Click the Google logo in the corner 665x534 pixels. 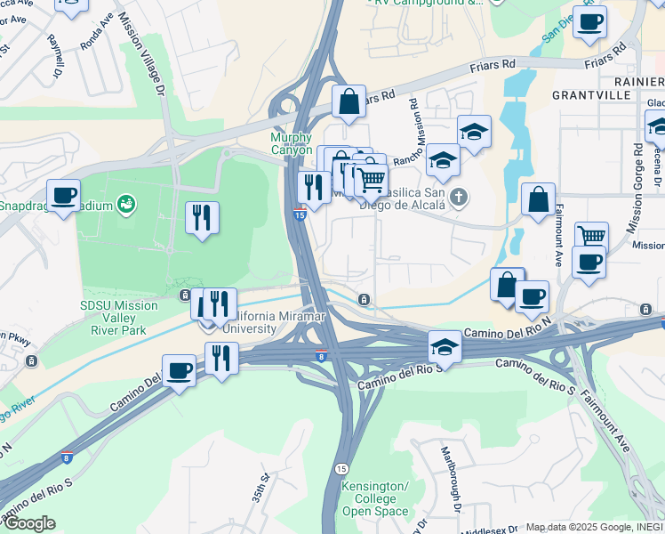28,523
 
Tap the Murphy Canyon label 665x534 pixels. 292,144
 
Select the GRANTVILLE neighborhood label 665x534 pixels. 588,93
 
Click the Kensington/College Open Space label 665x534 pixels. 375,499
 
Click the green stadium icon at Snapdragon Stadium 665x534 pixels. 126,206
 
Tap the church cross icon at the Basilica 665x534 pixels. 458,197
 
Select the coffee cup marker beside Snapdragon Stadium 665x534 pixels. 63,195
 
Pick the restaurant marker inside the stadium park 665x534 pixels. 202,216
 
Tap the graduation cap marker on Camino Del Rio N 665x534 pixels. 445,345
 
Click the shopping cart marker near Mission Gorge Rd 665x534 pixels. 592,236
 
